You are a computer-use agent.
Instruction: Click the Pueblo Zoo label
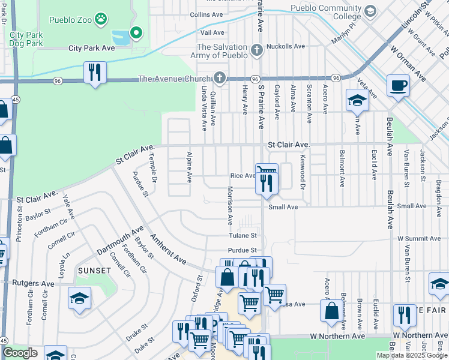tap(70, 20)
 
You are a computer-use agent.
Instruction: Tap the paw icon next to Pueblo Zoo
tap(101, 20)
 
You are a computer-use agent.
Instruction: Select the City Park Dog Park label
tap(26, 39)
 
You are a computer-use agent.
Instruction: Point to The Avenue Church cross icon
tap(220, 79)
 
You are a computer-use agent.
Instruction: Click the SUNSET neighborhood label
tap(94, 271)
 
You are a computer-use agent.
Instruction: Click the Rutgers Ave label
tap(35, 283)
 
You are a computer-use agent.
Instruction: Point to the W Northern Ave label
tap(337, 337)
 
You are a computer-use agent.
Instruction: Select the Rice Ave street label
tap(243, 176)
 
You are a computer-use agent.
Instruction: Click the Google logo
tap(20, 353)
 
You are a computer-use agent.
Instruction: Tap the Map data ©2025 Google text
tap(411, 355)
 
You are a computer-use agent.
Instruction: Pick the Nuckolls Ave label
tap(286, 46)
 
